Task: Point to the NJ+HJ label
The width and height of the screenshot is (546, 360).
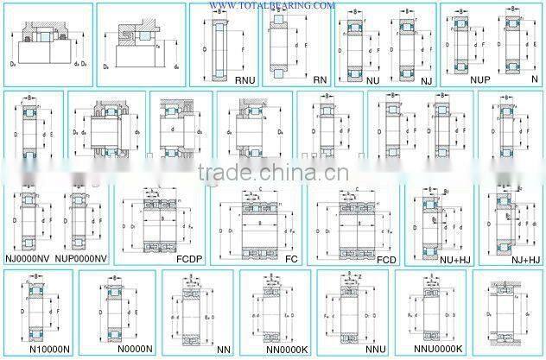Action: tap(524, 258)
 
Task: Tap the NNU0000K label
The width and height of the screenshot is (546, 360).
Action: tap(439, 351)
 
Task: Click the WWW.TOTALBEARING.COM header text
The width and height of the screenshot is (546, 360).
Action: tap(272, 5)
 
